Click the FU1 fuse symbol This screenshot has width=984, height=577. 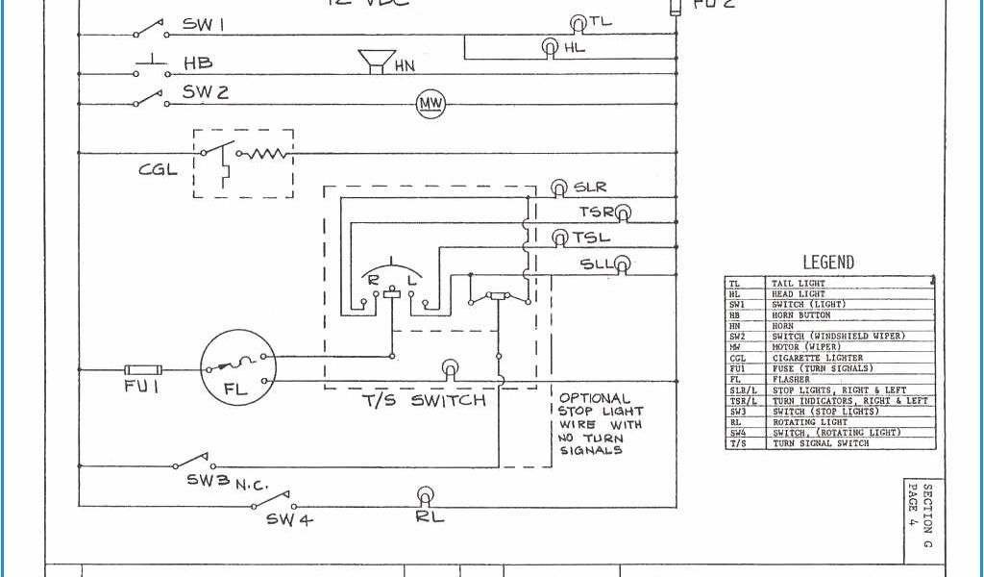[143, 369]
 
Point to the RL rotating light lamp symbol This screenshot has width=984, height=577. [425, 496]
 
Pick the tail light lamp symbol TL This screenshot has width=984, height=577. [578, 23]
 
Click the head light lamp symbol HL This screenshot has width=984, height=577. [550, 46]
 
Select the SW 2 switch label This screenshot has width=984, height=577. [206, 92]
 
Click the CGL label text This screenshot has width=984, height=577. [158, 170]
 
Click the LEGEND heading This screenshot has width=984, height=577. [827, 263]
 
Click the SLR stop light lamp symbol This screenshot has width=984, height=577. [558, 188]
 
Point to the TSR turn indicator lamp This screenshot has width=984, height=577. [623, 213]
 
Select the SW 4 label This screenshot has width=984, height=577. [289, 519]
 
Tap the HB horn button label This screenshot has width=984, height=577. [198, 63]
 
